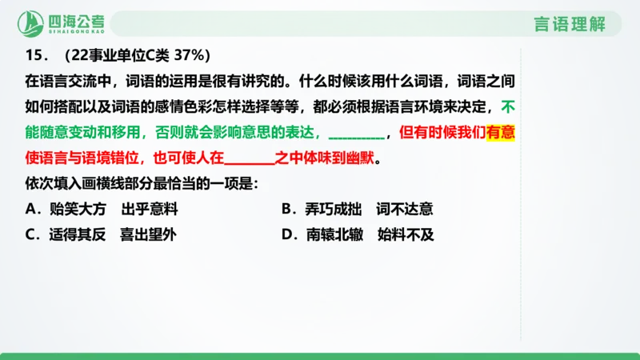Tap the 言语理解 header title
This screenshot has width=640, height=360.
tap(570, 23)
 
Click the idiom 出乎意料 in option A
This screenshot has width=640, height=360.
tap(150, 210)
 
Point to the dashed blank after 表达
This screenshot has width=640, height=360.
tap(356, 134)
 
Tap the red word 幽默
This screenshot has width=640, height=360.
tap(360, 158)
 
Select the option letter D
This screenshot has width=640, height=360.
tap(287, 235)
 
